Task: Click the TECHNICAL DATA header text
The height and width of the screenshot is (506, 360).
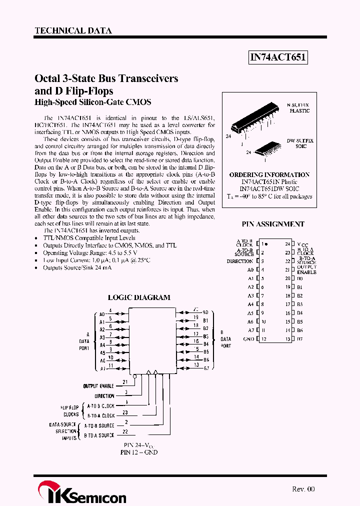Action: coord(73,30)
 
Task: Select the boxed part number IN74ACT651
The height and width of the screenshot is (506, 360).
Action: coord(277,58)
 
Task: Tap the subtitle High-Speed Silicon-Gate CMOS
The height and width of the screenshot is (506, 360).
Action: coord(92,102)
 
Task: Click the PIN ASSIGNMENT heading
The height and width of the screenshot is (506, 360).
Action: coord(273,224)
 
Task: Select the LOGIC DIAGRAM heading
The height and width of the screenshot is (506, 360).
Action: coord(139,297)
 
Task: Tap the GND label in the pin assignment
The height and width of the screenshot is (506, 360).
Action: coord(248,339)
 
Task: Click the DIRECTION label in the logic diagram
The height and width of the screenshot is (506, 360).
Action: coord(104,396)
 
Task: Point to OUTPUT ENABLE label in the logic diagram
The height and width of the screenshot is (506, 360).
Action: coord(99,386)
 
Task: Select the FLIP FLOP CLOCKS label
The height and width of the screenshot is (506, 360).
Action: coord(70,411)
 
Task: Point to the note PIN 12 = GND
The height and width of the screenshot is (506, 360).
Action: coord(139,452)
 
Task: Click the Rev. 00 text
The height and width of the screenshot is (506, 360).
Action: coord(303,489)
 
